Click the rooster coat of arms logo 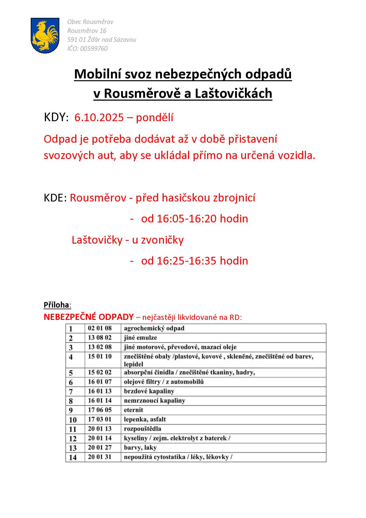pyautogui.click(x=45, y=35)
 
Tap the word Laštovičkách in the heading pyautogui.click(x=234, y=94)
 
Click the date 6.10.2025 pyautogui.click(x=99, y=118)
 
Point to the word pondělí pyautogui.click(x=155, y=118)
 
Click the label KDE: pyautogui.click(x=55, y=198)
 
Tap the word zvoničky pyautogui.click(x=162, y=240)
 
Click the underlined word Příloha pyautogui.click(x=57, y=305)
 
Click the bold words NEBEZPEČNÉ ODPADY pyautogui.click(x=89, y=317)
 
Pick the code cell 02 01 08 pyautogui.click(x=100, y=328)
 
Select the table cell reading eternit pyautogui.click(x=133, y=410)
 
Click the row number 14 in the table pyautogui.click(x=73, y=457)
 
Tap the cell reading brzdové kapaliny pyautogui.click(x=149, y=391)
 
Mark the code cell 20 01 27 pyautogui.click(x=100, y=447)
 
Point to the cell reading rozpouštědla pyautogui.click(x=143, y=428)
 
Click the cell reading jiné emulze pyautogui.click(x=140, y=337)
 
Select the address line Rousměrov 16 pyautogui.click(x=87, y=31)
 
